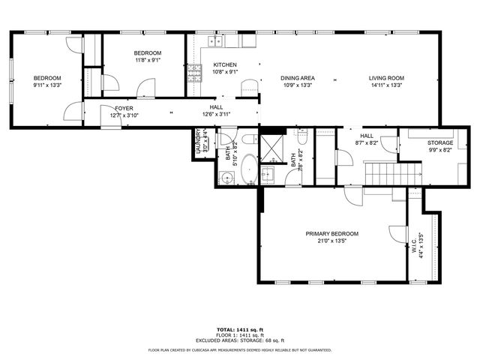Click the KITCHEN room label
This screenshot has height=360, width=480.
[x=225, y=64]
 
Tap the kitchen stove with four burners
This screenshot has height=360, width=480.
[x=194, y=73]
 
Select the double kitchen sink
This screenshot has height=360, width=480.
[x=214, y=41]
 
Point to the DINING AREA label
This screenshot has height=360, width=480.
[x=297, y=78]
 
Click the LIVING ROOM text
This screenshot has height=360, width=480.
[x=386, y=78]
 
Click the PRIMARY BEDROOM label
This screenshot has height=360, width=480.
[x=331, y=234]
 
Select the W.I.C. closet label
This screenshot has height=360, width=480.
[x=412, y=245]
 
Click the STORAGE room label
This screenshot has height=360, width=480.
[x=440, y=142]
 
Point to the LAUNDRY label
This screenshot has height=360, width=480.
[x=199, y=140]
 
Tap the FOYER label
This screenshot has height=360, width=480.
[x=124, y=109]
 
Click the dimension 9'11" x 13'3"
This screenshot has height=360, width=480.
[x=46, y=85]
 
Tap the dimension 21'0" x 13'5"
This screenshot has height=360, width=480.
[x=331, y=241]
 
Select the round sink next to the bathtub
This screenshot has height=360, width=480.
[x=226, y=178]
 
